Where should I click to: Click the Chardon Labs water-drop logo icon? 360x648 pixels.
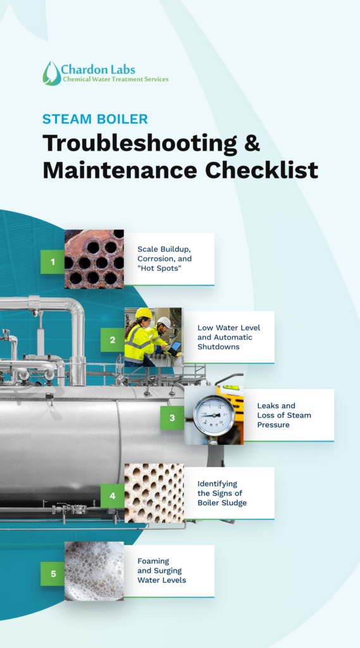pyautogui.click(x=52, y=73)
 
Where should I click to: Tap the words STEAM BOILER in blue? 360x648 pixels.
pyautogui.click(x=95, y=119)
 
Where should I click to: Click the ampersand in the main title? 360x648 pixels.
pyautogui.click(x=251, y=143)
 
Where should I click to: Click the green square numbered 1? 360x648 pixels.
pyautogui.click(x=53, y=261)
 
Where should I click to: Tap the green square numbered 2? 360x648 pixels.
pyautogui.click(x=113, y=340)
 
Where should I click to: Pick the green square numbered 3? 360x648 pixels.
pyautogui.click(x=172, y=418)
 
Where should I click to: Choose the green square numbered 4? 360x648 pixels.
pyautogui.click(x=113, y=495)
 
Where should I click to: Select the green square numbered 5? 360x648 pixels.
pyautogui.click(x=53, y=573)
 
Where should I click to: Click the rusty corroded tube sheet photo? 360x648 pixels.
pyautogui.click(x=94, y=259)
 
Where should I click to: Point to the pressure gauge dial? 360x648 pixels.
pyautogui.click(x=214, y=415)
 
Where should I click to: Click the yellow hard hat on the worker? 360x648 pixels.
pyautogui.click(x=144, y=313)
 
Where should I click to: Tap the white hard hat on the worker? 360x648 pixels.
pyautogui.click(x=165, y=321)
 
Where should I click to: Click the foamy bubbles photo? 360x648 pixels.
pyautogui.click(x=94, y=571)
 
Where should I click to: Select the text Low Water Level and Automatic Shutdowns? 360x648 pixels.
pyautogui.click(x=229, y=337)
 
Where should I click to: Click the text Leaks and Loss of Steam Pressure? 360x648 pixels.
pyautogui.click(x=284, y=415)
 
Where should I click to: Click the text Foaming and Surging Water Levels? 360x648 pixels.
pyautogui.click(x=161, y=571)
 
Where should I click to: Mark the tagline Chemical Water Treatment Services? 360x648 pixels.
pyautogui.click(x=115, y=79)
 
